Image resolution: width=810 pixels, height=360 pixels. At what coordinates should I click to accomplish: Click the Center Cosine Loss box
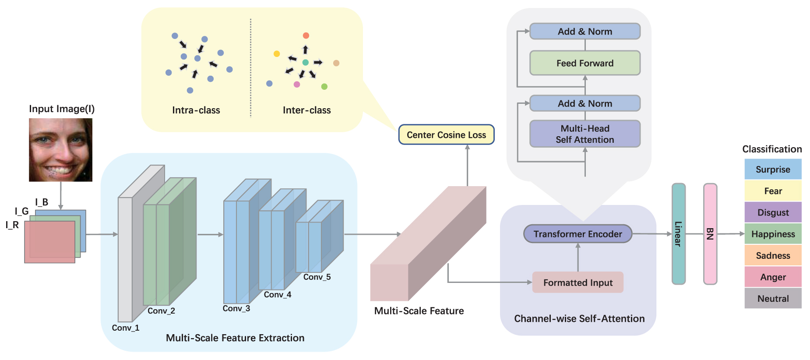(x=446, y=135)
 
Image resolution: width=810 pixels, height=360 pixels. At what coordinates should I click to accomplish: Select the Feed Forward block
(x=585, y=63)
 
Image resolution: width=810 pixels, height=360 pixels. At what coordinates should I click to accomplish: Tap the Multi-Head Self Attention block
(x=585, y=134)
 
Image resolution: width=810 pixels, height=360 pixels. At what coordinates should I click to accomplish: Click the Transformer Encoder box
(x=578, y=234)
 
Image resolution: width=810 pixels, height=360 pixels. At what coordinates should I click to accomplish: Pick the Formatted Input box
(x=578, y=282)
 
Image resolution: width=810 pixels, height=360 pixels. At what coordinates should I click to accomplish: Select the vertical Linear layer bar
(x=678, y=234)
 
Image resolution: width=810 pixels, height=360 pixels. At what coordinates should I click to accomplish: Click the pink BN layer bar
(x=710, y=234)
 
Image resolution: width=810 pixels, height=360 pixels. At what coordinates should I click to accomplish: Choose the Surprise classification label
(x=773, y=169)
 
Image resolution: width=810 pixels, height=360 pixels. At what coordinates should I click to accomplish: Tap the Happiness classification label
(x=773, y=234)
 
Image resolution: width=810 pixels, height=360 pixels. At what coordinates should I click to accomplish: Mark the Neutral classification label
(x=773, y=299)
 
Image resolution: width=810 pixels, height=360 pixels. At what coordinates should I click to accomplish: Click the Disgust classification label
(x=773, y=212)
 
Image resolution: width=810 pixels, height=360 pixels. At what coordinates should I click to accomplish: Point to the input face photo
(x=60, y=150)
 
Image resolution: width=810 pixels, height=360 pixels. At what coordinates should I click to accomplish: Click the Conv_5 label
(x=317, y=277)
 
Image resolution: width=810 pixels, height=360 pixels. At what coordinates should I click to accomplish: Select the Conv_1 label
(x=126, y=328)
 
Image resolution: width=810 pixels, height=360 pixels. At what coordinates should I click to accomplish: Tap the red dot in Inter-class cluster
(x=306, y=35)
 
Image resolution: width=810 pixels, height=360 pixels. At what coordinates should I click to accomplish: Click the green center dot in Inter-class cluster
(x=306, y=63)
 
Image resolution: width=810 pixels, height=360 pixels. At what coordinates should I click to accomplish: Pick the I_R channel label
(x=12, y=225)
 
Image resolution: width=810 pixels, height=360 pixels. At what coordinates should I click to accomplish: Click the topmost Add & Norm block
(x=585, y=32)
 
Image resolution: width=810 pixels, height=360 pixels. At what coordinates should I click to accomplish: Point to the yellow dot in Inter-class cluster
(x=277, y=54)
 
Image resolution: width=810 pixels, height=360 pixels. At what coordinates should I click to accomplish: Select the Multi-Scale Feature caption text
(x=419, y=311)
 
